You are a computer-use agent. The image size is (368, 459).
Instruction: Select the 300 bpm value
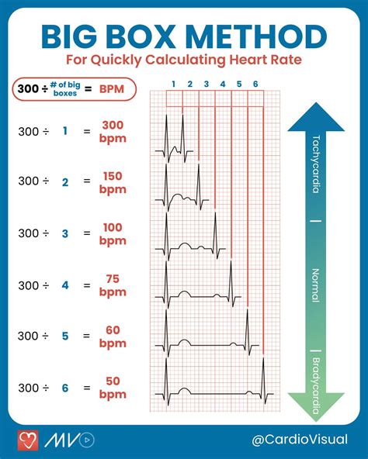click(x=113, y=131)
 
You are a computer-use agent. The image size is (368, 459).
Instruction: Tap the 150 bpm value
click(x=113, y=182)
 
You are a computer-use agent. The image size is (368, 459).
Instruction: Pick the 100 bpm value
click(x=113, y=234)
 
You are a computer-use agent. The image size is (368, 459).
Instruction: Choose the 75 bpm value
click(x=113, y=285)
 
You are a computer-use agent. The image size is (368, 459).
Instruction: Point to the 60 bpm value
click(x=113, y=336)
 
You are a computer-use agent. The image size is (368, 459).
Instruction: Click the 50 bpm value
click(x=113, y=388)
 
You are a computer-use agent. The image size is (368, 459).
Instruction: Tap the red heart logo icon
click(x=28, y=440)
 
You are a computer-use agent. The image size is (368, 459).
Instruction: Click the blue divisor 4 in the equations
click(x=65, y=285)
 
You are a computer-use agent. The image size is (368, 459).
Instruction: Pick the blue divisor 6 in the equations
click(x=65, y=388)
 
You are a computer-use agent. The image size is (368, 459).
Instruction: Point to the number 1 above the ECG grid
click(x=174, y=83)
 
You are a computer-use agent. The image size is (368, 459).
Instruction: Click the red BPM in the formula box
click(x=112, y=90)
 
